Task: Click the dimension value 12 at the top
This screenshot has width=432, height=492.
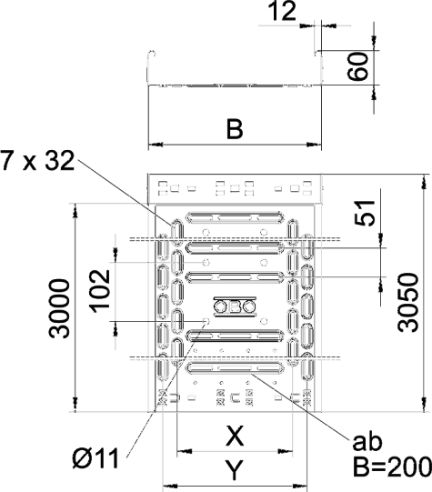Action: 282,11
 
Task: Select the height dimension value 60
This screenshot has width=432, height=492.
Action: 357,66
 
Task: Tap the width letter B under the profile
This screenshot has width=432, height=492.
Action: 235,129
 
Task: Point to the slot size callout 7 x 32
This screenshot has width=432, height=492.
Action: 37,160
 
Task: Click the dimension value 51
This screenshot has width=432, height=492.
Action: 365,213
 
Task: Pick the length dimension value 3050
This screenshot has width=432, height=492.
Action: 408,303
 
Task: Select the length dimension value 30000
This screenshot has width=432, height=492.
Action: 59,308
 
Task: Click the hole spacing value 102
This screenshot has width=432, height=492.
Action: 100,291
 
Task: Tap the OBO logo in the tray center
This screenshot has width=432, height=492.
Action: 235,306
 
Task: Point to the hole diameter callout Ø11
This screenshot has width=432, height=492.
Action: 95,458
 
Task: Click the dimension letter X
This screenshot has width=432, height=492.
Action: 235,437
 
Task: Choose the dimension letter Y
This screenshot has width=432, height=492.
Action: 235,470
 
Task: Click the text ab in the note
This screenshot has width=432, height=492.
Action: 367,442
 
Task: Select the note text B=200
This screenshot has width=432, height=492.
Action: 392,467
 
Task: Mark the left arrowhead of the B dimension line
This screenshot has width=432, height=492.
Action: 156,145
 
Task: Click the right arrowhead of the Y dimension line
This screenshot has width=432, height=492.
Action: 299,486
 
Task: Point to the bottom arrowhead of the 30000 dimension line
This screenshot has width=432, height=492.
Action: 75,404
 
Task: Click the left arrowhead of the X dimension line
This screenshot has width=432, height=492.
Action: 184,451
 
